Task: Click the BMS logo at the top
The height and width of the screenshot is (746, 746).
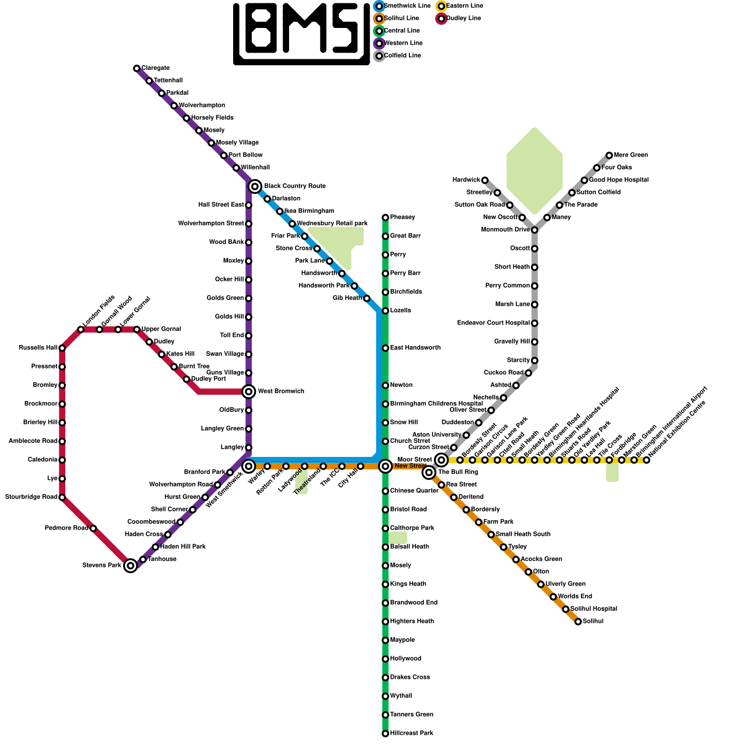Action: pos(302,34)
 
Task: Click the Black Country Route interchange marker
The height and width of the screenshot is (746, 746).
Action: pos(255,186)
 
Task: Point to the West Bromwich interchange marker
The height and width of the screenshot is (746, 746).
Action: pos(249,391)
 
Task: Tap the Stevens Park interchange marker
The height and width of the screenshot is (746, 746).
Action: pos(131,566)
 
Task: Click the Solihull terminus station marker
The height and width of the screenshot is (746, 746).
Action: pos(578,622)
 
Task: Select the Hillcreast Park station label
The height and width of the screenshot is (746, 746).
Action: pos(412,733)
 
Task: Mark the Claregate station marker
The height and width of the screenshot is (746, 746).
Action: pos(137,69)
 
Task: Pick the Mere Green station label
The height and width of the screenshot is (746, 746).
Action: pos(631,155)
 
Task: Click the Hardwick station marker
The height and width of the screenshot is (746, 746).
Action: pos(485,180)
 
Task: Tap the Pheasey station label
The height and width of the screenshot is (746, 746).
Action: pos(402,217)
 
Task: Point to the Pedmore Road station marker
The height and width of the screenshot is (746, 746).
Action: pos(93,528)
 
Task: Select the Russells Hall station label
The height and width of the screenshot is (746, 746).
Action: pos(38,348)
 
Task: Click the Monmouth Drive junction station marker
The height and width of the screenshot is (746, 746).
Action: pos(535,230)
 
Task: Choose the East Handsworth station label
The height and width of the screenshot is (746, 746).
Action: pos(415,348)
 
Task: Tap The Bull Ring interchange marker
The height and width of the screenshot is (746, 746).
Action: pos(429,472)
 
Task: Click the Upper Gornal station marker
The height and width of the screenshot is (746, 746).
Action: pos(137,330)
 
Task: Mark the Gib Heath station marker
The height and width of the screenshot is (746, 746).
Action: pos(366,298)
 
